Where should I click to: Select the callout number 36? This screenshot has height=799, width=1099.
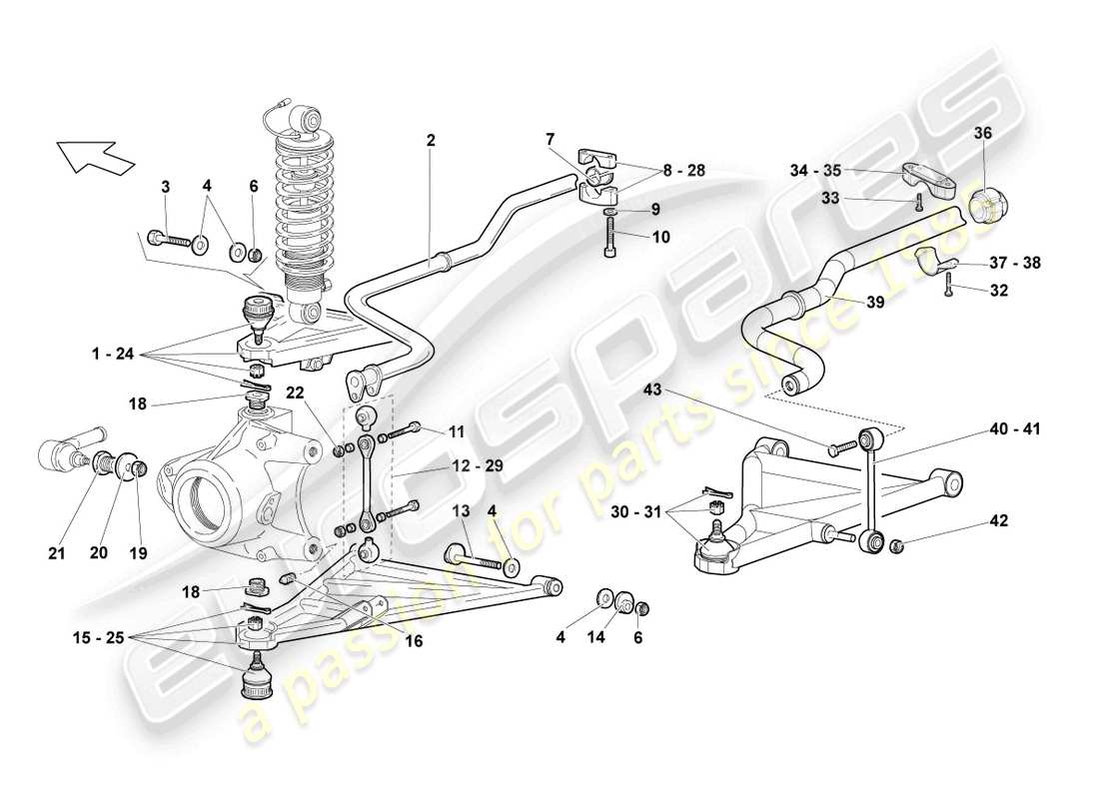983,133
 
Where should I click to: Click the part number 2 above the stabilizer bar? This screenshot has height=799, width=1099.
431,141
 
